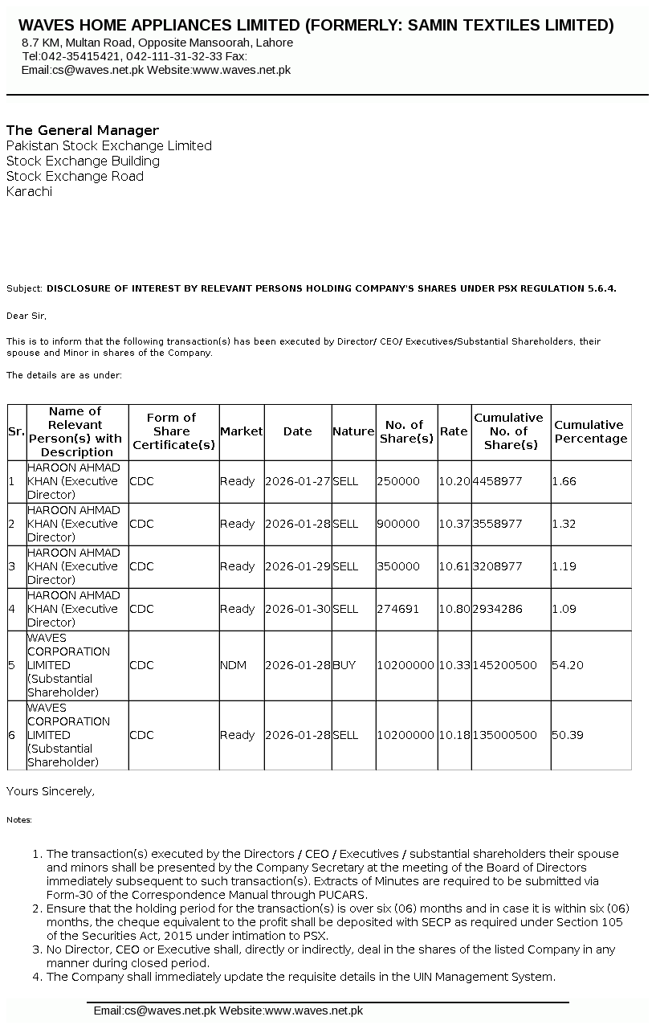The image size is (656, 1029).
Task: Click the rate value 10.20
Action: (454, 481)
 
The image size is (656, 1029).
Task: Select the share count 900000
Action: (398, 524)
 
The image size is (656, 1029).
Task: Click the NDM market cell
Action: (233, 665)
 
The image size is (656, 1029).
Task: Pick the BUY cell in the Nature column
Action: (344, 665)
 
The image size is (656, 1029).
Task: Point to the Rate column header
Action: (454, 431)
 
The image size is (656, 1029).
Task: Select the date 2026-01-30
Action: (297, 609)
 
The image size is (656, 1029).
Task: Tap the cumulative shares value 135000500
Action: (504, 735)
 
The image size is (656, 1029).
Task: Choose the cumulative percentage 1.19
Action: (564, 566)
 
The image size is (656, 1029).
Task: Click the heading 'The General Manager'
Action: (83, 130)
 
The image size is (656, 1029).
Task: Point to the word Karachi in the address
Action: (29, 191)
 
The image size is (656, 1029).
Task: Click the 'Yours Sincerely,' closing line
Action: (51, 791)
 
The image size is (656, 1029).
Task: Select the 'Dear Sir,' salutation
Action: (26, 316)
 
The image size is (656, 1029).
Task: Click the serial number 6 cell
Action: (11, 735)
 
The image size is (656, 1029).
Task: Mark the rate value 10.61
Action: (454, 566)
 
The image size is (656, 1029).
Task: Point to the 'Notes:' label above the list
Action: (19, 820)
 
